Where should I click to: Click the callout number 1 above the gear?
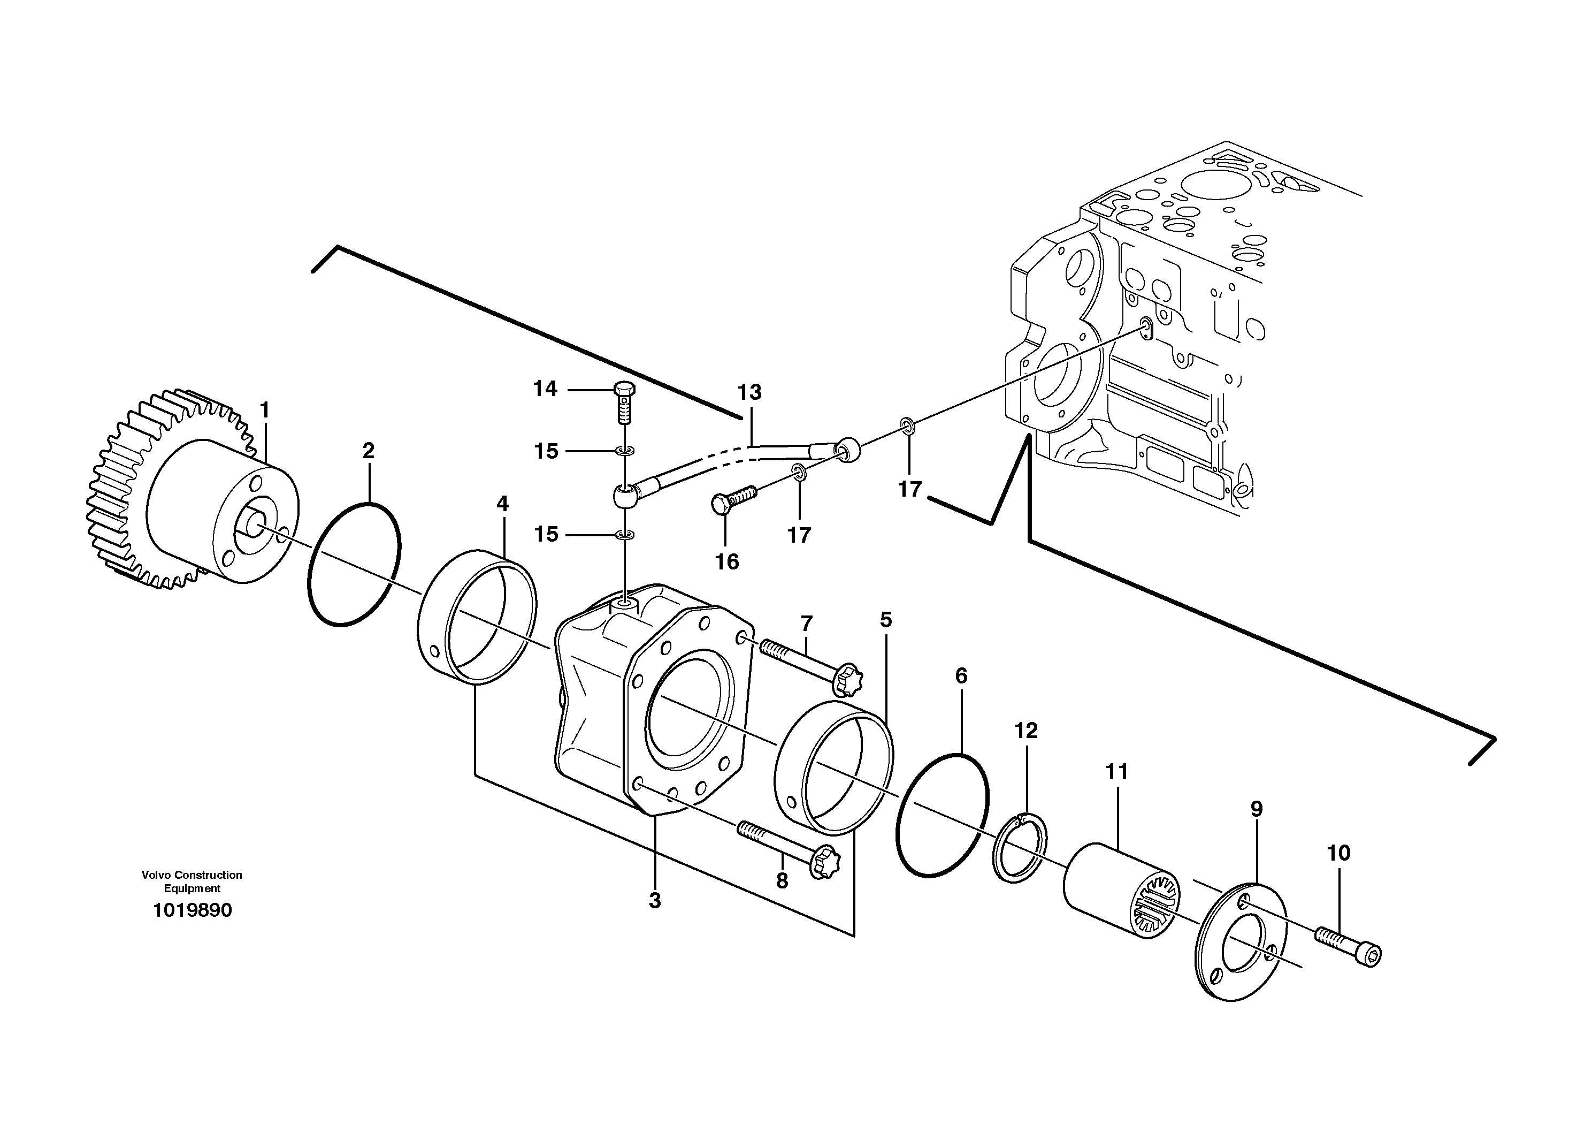[x=264, y=411]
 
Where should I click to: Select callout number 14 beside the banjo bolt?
[x=545, y=389]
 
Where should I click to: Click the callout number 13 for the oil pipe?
[x=749, y=392]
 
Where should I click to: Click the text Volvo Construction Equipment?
[x=192, y=881]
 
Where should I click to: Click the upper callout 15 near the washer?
[x=546, y=452]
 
